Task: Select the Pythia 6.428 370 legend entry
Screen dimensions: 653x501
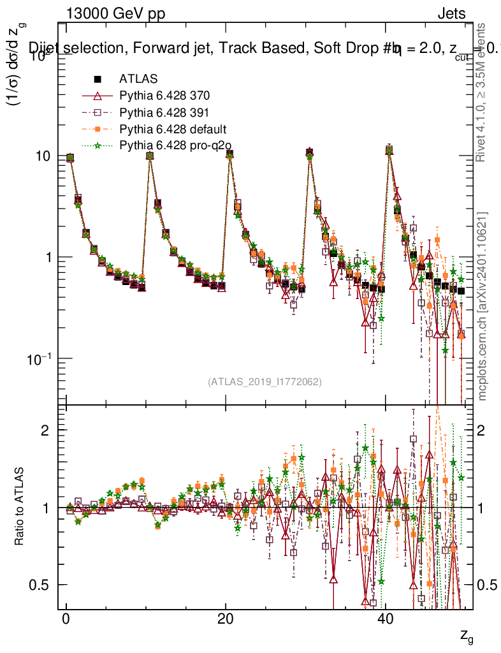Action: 164,96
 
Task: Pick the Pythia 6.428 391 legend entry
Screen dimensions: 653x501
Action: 164,113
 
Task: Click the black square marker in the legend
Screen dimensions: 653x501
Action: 98,80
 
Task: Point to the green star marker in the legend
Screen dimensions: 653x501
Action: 98,146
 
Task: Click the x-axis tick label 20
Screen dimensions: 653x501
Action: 224,622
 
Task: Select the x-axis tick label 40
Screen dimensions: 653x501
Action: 384,622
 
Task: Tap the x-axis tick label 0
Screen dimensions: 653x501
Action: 66,622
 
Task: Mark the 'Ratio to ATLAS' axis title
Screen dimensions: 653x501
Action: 20,507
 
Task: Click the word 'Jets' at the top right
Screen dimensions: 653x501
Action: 451,14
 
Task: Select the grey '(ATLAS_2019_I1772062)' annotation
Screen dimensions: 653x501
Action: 265,382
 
